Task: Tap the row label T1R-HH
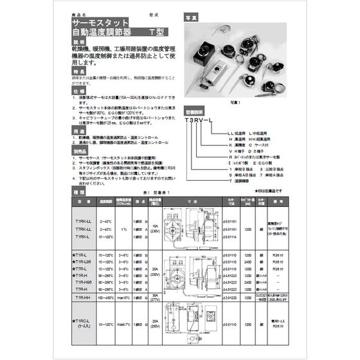point(84,298)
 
